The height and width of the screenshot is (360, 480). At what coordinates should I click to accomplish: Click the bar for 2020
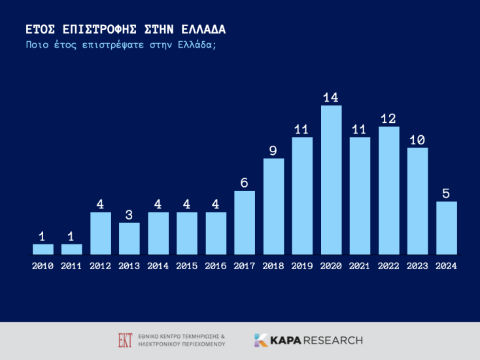332,180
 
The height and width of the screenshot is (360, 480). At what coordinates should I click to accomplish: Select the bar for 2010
43,249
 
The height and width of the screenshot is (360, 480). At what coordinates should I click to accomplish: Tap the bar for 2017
245,222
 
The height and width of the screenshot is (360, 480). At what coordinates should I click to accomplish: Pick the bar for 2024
447,227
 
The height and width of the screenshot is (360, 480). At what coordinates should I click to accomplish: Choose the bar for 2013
129,238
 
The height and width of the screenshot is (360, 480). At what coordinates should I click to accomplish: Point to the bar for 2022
389,190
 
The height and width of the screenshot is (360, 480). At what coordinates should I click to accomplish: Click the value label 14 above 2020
331,97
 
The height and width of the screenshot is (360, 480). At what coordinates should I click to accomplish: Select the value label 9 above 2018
273,150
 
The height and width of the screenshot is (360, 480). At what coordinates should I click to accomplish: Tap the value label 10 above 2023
417,140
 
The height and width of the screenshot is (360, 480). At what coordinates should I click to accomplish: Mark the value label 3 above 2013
129,215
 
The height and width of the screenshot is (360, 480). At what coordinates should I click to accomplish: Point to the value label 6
245,183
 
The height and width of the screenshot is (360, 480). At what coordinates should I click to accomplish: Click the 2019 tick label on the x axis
302,266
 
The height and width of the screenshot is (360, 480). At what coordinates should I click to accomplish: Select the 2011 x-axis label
72,266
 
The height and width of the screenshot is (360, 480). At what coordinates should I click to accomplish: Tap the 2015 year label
187,266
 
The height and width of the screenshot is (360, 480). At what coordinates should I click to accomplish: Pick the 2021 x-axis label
360,266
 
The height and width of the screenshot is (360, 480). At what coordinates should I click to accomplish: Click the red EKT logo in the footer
125,340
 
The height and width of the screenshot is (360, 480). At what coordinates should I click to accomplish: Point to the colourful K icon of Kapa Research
261,340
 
